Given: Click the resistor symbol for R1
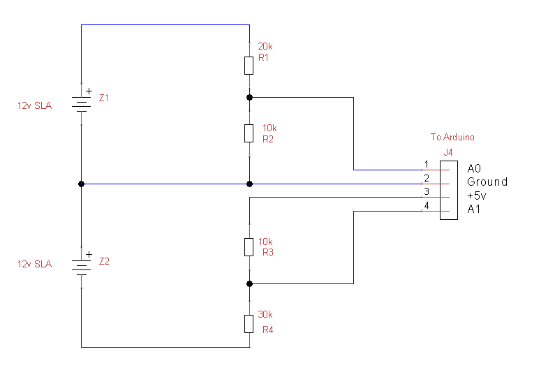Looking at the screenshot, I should tap(249, 66).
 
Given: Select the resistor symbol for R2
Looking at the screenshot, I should tap(249, 133).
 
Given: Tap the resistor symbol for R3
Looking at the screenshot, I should tap(249, 246).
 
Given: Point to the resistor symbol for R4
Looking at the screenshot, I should tap(249, 323).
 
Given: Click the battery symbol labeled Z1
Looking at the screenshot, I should tap(82, 103).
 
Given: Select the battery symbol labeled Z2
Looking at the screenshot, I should tap(82, 266).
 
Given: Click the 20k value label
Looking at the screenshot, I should tap(265, 47).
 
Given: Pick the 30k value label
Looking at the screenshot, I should tap(265, 314).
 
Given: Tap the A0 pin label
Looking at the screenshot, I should tap(475, 168).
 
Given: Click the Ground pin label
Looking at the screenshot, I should tap(487, 182).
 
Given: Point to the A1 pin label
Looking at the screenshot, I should tap(475, 209).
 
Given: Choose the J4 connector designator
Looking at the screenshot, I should tap(447, 152).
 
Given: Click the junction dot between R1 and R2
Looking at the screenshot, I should tap(249, 97).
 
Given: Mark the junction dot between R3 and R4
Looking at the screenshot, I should tap(249, 283).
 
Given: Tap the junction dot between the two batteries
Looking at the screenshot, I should tap(82, 184).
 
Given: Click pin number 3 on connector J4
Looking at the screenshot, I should tap(426, 192).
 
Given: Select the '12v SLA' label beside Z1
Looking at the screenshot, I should tap(35, 106).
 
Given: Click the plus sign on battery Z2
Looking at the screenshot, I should tap(89, 254).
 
